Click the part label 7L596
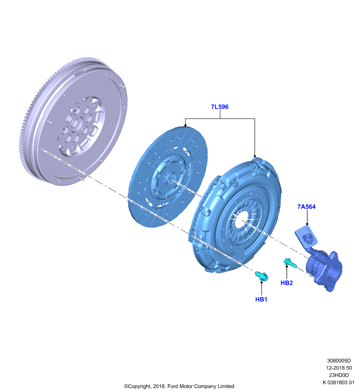[220, 107]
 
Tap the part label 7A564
[306, 207]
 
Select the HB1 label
[261, 299]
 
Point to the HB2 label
[286, 283]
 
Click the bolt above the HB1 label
[262, 276]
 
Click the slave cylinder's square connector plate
[307, 237]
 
